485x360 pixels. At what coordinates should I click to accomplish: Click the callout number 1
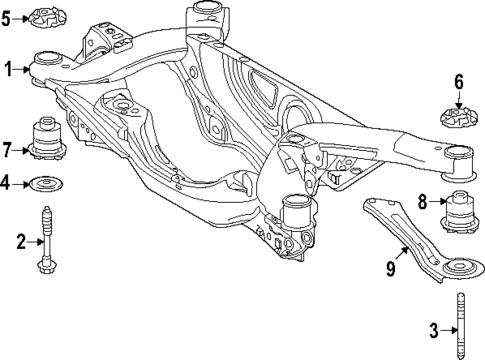(x=8, y=69)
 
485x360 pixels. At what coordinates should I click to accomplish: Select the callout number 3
(x=432, y=329)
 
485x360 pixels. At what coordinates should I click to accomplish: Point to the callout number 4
(x=8, y=183)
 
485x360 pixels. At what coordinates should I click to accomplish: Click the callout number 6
(x=459, y=81)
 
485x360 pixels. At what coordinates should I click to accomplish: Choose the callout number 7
(x=8, y=151)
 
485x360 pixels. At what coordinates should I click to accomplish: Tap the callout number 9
(x=392, y=267)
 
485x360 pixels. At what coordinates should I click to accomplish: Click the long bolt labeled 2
(x=47, y=240)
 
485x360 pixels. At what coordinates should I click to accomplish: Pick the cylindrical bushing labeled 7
(x=46, y=139)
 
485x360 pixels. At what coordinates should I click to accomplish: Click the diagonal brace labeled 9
(x=405, y=228)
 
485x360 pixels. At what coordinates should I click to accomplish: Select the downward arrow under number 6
(x=459, y=97)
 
